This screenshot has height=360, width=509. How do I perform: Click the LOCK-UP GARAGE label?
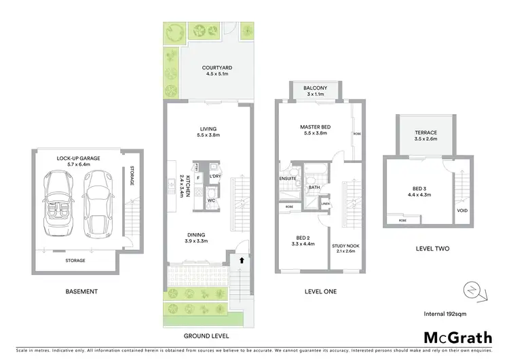79,158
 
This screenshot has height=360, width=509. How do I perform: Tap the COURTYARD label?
217,68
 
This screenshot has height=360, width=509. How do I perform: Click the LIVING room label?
208,129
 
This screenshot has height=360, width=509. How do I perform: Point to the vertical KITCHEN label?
180,184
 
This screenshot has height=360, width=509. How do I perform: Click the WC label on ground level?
212,200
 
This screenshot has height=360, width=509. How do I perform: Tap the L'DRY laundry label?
216,177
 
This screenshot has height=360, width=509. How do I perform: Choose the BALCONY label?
316,88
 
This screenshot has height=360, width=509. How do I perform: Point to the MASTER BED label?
315,127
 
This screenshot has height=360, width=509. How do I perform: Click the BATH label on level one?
314,187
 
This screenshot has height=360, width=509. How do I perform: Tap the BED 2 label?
299,241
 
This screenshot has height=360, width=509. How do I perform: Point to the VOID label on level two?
464,211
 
